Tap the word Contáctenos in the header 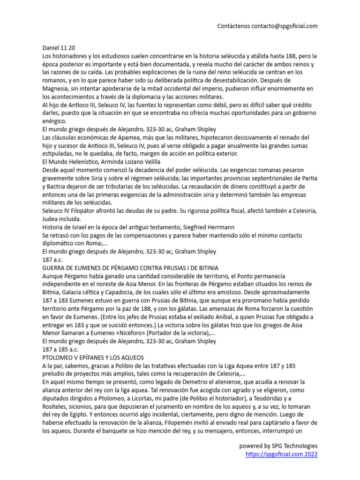(x=232, y=26)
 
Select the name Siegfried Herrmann (x=206, y=227)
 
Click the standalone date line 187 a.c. (x=52, y=259)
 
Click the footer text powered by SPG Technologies (x=278, y=446)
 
